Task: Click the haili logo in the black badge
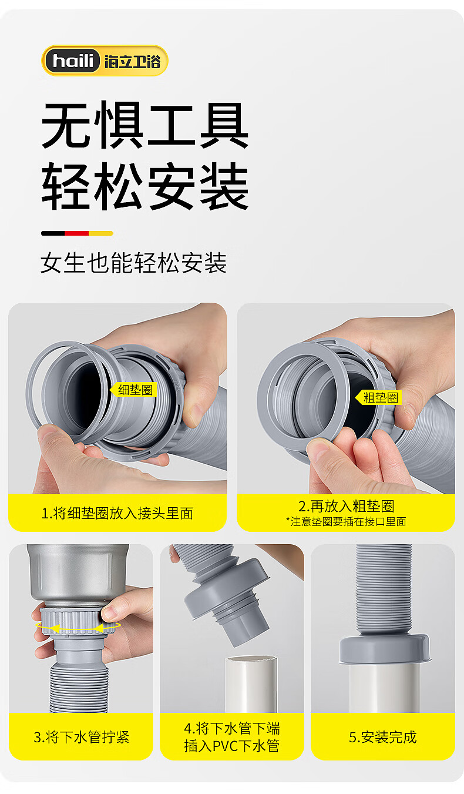[x=73, y=61]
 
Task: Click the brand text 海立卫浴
[x=133, y=62]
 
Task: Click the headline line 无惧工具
[x=145, y=126]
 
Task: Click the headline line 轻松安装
[x=145, y=186]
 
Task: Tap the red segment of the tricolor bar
[x=77, y=233]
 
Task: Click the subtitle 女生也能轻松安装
[x=133, y=263]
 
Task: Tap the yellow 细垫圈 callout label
[x=133, y=390]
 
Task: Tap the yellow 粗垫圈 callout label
[x=379, y=397]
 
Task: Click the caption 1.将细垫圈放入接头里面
[x=117, y=513]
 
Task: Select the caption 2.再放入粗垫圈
[x=346, y=506]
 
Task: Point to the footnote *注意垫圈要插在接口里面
[x=346, y=521]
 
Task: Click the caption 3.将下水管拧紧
[x=82, y=737]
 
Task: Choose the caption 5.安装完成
[x=383, y=737]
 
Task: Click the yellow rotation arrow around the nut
[x=78, y=628]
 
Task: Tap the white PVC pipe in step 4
[x=251, y=684]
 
